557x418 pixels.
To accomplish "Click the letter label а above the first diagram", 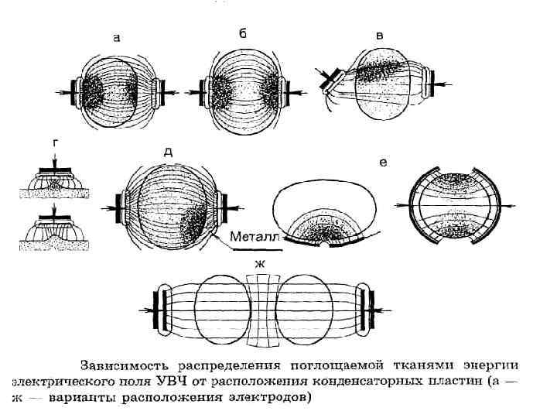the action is click(116, 37).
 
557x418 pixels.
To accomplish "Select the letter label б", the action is click(243, 34).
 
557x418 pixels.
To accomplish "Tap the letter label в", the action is click(378, 36).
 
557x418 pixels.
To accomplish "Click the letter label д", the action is click(168, 152).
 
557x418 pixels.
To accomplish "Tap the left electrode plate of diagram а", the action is click(75, 91).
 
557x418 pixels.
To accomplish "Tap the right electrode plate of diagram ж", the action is click(370, 309).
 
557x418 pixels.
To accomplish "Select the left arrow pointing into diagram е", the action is click(402, 206).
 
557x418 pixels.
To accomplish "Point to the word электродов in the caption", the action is click(273, 399).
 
